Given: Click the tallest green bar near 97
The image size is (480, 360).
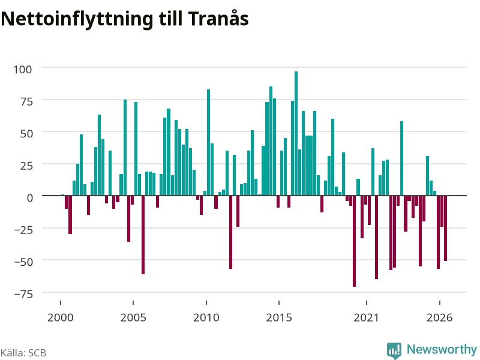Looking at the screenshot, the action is click(x=296, y=133).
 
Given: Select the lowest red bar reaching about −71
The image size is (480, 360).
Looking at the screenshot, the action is click(x=354, y=241).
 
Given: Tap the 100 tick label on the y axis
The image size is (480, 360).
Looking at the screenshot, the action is click(x=23, y=70).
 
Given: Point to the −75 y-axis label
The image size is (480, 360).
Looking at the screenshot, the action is click(x=23, y=294).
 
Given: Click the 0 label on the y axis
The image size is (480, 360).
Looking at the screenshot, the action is click(x=29, y=198).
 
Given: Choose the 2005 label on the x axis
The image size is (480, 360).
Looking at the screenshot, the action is click(x=133, y=317).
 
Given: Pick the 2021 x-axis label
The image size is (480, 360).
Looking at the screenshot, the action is click(x=367, y=317).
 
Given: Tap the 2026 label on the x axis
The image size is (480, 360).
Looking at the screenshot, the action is click(x=440, y=317).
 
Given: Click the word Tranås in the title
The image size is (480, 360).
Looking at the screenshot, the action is click(x=218, y=19).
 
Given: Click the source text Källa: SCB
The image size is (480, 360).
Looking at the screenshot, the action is click(x=23, y=353).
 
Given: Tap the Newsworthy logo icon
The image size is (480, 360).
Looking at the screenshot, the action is click(x=394, y=350).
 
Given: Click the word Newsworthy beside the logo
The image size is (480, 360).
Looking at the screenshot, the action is click(x=442, y=349).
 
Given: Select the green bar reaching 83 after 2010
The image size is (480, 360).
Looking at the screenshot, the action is click(x=208, y=142).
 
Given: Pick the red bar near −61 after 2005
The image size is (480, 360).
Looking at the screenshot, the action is click(x=143, y=235).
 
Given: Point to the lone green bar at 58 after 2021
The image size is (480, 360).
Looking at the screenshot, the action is click(x=401, y=158).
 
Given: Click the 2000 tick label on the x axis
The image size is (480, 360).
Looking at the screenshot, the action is click(x=61, y=317).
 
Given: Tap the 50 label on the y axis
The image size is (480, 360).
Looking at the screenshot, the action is click(x=26, y=134).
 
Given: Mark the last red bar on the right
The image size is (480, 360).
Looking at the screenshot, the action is click(x=445, y=228).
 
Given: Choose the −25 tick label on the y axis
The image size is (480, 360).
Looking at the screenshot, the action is click(x=23, y=230).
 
